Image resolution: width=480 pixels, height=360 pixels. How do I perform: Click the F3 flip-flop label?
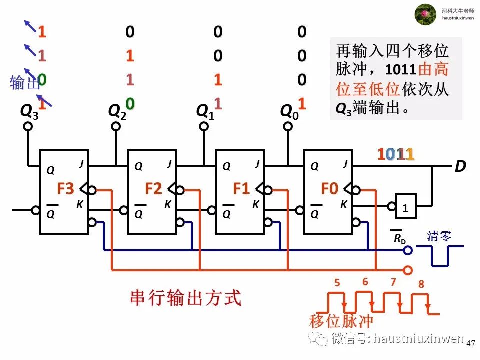65,189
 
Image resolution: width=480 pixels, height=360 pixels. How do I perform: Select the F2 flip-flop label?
153,189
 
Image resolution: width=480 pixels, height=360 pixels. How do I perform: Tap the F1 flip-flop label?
241,189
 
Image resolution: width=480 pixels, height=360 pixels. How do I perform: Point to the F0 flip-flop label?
329,189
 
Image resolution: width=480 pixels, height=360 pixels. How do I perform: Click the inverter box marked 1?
406,206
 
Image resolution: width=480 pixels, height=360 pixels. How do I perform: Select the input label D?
460,167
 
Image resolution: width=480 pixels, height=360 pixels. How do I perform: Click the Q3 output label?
29,111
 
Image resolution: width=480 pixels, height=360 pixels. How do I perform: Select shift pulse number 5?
337,283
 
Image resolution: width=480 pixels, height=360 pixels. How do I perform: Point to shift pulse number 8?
421,284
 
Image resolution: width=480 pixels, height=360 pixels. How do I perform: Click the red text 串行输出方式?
186,298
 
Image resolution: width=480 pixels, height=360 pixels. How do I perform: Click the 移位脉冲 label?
341,321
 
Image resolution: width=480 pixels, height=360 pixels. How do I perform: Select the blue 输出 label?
24,83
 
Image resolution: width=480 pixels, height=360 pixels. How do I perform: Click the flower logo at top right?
425,14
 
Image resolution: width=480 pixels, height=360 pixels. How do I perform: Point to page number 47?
470,344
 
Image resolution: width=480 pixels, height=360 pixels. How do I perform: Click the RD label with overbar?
399,238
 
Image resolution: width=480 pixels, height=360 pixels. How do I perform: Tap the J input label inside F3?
81,163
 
